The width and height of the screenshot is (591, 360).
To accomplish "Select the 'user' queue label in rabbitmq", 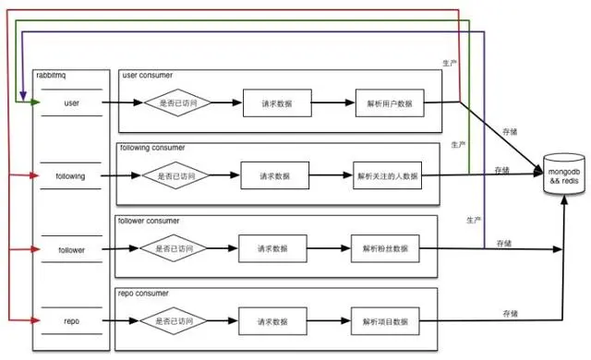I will point(72,102).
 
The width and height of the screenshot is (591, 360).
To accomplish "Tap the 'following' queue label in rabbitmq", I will point(71,175).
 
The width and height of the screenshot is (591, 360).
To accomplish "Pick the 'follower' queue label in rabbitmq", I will point(71,249).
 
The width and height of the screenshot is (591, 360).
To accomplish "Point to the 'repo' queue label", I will point(71,321).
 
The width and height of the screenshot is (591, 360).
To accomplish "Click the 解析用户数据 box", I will point(389,102).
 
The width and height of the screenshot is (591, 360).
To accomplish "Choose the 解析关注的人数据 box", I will point(387,175).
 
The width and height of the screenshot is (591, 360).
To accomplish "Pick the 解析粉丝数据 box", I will point(385,248).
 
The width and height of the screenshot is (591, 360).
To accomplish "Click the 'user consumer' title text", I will point(148,74).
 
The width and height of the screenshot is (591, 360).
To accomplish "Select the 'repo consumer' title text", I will point(142,293).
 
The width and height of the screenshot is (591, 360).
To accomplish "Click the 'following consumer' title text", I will point(152,148).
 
